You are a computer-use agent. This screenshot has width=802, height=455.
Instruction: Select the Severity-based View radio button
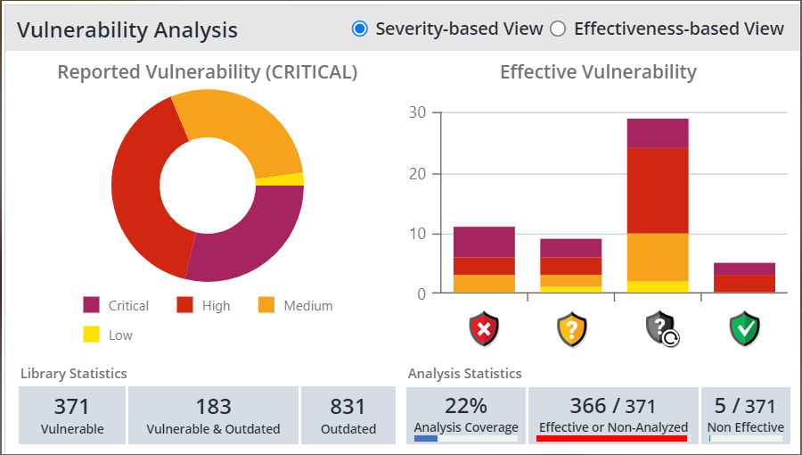360,29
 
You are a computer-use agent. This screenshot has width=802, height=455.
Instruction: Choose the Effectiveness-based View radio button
558,29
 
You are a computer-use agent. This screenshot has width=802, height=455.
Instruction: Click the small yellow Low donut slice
293,179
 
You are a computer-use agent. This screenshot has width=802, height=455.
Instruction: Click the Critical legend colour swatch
91,306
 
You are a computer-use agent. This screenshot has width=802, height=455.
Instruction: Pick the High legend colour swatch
184,306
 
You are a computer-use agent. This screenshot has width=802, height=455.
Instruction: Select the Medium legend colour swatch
266,306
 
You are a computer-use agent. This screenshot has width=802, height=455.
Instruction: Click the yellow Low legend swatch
91,335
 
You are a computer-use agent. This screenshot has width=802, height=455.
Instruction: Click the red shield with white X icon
484,329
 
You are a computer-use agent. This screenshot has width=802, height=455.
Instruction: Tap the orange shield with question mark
572,329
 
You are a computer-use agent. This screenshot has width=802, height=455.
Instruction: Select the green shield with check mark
744,329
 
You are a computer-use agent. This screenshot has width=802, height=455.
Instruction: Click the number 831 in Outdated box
348,407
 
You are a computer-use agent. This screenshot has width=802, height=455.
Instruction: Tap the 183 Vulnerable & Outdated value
214,407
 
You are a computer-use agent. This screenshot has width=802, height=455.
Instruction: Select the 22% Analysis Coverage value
466,406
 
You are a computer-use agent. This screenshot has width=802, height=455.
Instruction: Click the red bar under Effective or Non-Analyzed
611,438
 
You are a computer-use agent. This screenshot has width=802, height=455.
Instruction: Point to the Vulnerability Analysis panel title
127,30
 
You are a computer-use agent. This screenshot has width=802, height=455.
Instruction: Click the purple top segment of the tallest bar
658,133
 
